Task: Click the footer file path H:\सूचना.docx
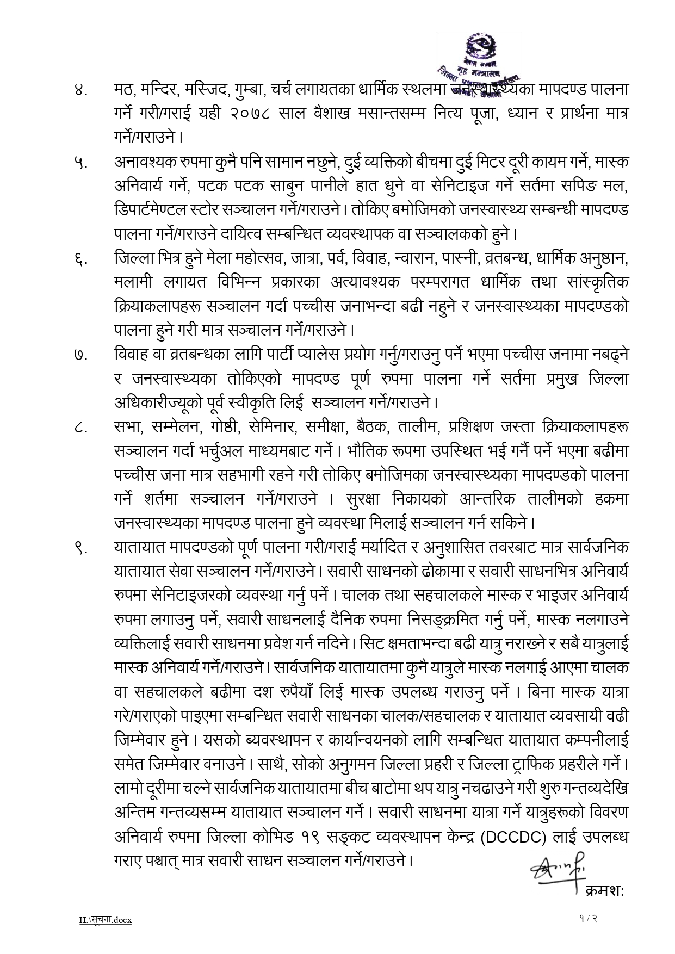[106, 920]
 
